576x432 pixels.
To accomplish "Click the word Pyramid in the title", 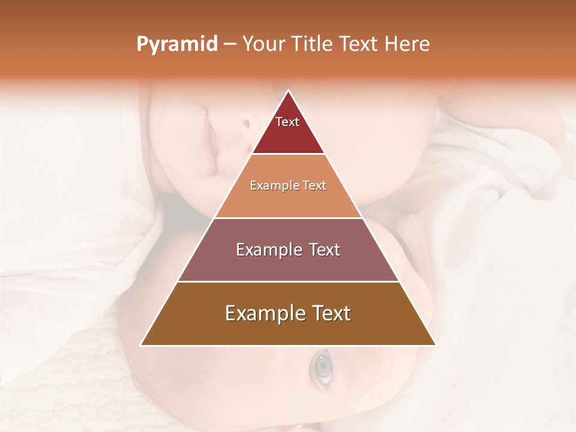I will (176, 44).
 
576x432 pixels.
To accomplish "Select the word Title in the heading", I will (313, 44).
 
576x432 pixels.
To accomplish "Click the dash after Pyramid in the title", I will (230, 44).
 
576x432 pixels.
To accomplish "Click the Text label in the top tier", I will (287, 122).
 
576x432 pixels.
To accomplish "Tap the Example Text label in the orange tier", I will (288, 186).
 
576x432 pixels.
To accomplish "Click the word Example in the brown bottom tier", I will (262, 313).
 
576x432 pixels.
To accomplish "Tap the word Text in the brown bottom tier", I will (330, 313).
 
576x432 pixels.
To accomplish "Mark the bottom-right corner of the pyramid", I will (435, 345).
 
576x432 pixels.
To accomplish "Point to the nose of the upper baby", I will (244, 124).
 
